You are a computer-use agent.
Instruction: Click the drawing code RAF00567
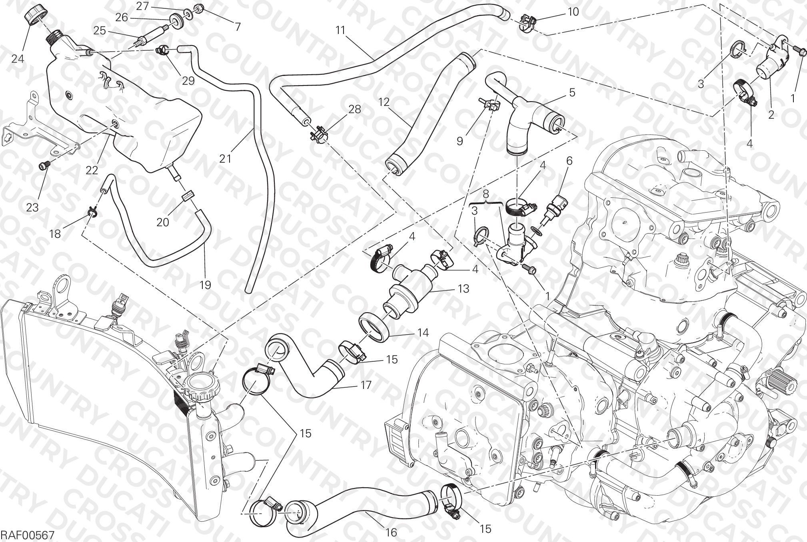(x=27, y=534)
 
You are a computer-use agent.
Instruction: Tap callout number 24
(x=18, y=59)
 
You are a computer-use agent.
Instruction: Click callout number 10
(x=573, y=12)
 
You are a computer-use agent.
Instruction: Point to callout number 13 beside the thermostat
(x=463, y=288)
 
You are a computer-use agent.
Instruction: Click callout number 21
(x=225, y=159)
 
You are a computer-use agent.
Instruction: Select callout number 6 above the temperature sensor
(x=569, y=161)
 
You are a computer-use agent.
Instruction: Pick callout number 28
(x=354, y=109)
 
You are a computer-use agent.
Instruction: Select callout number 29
(x=188, y=80)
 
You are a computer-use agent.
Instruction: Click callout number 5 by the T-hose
(x=572, y=93)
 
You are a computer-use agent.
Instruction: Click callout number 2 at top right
(x=771, y=115)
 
